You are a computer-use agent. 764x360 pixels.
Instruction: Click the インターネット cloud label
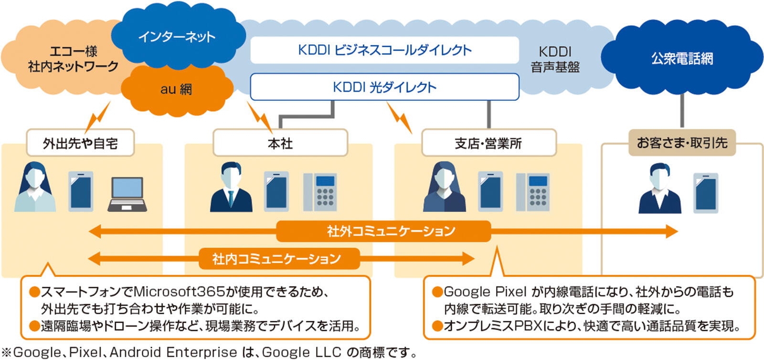[x=177, y=36]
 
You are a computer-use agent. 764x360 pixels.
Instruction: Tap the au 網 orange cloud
[x=176, y=89]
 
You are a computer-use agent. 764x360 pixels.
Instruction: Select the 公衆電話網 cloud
[x=682, y=59]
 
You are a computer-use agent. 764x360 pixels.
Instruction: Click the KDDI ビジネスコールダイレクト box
[x=384, y=50]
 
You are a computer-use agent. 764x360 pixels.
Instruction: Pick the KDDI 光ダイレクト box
[x=384, y=87]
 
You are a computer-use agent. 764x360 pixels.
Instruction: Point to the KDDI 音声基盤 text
[x=555, y=59]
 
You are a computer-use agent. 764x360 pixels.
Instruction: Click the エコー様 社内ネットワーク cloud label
[x=73, y=59]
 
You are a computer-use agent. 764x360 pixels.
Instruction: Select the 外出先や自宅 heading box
[x=80, y=143]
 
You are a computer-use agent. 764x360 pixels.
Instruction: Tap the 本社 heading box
[x=280, y=143]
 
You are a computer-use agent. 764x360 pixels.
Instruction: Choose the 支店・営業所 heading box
[x=488, y=143]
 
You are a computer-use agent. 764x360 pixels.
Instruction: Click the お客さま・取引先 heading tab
[x=682, y=142]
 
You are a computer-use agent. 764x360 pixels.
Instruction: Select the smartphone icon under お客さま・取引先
[x=706, y=192]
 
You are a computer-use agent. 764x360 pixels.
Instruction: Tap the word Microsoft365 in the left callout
[x=172, y=292]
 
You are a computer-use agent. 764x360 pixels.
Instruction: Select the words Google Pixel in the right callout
[x=485, y=292]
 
